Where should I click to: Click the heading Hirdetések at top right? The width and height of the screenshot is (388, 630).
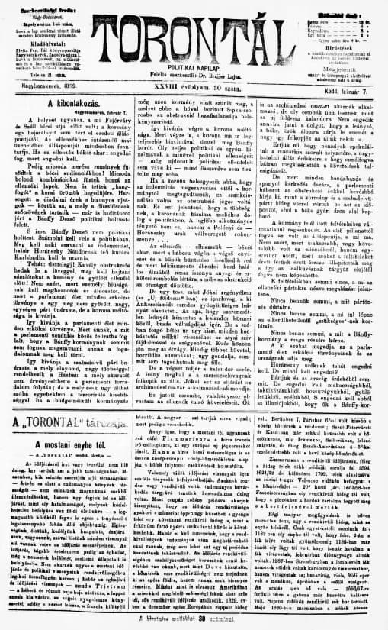coord(338,45)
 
